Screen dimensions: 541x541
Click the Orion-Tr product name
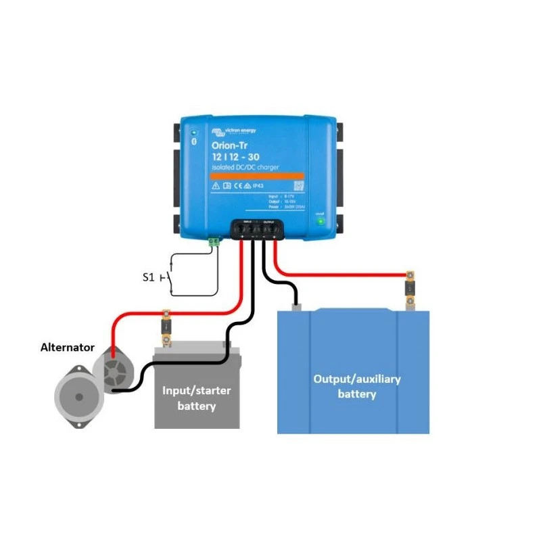(230, 145)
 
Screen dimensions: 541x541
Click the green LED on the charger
(321, 220)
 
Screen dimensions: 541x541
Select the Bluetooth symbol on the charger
(194, 142)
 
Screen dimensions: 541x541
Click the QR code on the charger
(298, 185)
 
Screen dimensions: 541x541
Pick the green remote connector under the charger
(215, 240)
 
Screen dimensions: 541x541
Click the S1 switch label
(147, 276)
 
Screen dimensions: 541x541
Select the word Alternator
(67, 347)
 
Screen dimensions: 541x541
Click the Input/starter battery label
(196, 398)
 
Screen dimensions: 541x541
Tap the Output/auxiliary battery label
(356, 386)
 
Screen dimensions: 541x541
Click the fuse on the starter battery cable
(166, 327)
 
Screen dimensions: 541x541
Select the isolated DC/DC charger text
(244, 167)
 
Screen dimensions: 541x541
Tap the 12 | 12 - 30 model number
(235, 157)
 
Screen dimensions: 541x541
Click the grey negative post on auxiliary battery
(296, 308)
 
